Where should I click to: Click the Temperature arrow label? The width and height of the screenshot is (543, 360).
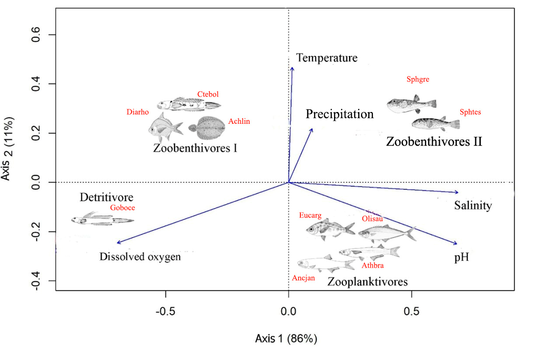tap(327, 58)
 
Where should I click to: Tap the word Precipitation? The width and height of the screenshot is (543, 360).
tap(340, 115)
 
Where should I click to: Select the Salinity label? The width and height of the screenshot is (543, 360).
tap(473, 206)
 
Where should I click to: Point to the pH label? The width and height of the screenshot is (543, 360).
tap(461, 258)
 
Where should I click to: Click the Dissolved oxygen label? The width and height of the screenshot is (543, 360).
tap(140, 257)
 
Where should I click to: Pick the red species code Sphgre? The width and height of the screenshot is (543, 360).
tap(418, 80)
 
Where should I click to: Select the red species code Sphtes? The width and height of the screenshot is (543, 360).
tap(470, 112)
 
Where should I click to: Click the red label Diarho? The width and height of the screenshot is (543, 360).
tap(136, 112)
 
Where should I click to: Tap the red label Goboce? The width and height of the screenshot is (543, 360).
tap(122, 208)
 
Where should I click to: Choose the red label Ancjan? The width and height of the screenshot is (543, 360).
tap(303, 278)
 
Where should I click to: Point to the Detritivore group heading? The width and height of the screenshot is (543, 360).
tap(106, 197)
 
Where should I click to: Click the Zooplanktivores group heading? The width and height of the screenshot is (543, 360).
tap(368, 281)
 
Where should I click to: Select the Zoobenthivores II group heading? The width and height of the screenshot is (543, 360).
tap(434, 142)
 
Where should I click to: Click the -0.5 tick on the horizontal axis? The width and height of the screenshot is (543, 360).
tap(166, 311)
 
